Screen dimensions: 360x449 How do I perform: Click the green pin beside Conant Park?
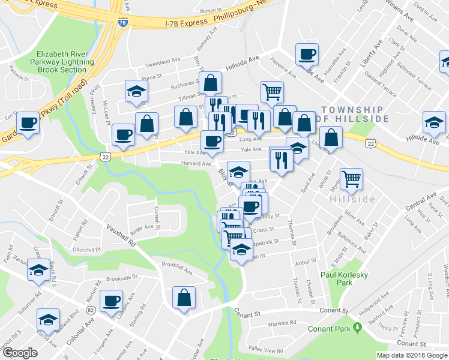(358, 328)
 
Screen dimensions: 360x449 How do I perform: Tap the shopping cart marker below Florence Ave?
(272, 92)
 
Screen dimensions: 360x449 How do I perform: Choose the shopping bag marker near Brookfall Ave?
(184, 298)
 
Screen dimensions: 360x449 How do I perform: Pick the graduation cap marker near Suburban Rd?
(38, 271)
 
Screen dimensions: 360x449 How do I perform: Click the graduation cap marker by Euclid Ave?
(48, 320)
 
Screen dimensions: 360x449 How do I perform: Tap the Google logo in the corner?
(20, 353)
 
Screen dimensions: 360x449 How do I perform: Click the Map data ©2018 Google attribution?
(411, 355)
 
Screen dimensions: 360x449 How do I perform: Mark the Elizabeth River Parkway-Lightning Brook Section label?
(62, 61)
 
